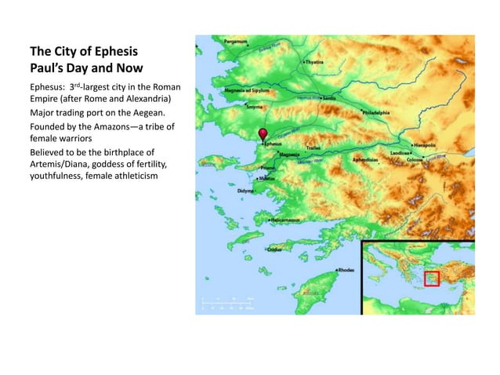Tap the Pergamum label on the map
214,40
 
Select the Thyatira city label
313,60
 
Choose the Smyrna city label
255,106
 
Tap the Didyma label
246,191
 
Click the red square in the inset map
432,278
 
